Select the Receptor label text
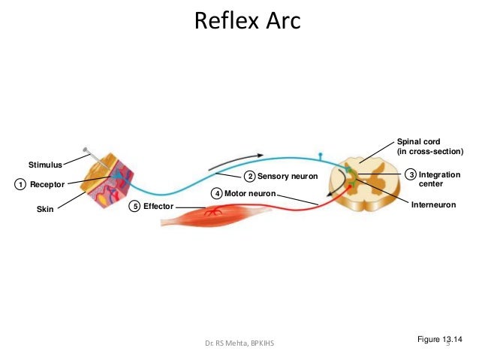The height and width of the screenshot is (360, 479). coord(47,184)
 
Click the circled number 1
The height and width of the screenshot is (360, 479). coord(20,184)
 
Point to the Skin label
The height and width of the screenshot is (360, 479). coord(46,212)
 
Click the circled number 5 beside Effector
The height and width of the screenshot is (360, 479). coord(134,205)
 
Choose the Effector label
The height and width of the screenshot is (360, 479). coord(158,205)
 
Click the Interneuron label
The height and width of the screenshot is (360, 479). coord(434,204)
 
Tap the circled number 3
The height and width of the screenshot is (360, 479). coord(410,174)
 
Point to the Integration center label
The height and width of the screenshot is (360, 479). coord(439,179)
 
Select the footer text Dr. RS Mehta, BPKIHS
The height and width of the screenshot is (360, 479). coord(240,345)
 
